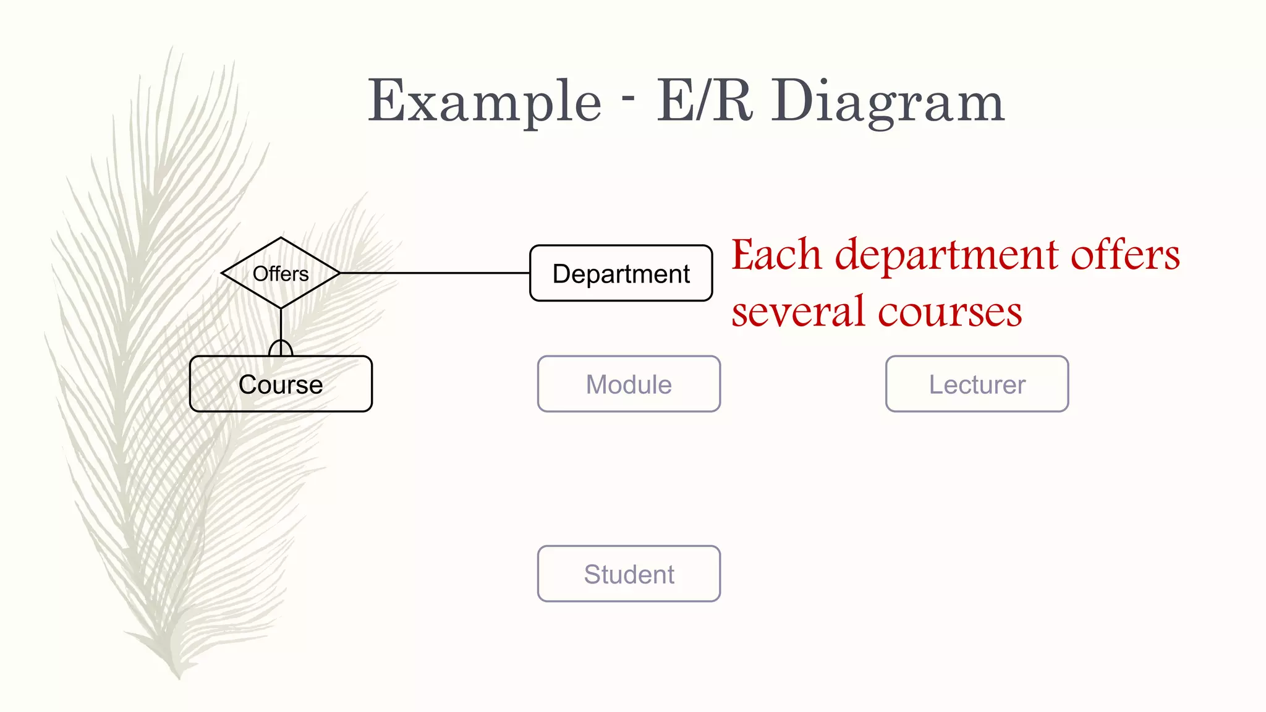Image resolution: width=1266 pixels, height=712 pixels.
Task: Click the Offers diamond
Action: tap(281, 273)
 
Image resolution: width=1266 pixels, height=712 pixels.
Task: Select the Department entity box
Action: tap(621, 273)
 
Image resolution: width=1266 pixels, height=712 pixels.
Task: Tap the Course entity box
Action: tap(281, 384)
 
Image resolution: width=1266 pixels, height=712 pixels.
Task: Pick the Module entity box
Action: tap(629, 384)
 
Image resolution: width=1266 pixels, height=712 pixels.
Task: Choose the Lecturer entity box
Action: tap(977, 384)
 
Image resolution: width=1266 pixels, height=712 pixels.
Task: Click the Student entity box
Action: tap(629, 574)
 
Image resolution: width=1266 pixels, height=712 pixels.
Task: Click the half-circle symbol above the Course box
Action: tap(281, 347)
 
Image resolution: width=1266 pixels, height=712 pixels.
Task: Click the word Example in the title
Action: tap(484, 102)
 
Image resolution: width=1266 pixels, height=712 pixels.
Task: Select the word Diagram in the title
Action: tap(888, 102)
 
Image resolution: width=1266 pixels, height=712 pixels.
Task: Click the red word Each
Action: tap(776, 255)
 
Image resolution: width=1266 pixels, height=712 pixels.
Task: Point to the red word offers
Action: tap(1125, 255)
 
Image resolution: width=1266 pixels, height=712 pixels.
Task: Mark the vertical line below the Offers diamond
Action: tap(281, 324)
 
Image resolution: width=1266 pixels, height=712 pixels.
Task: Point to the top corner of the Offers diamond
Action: tap(281, 238)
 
